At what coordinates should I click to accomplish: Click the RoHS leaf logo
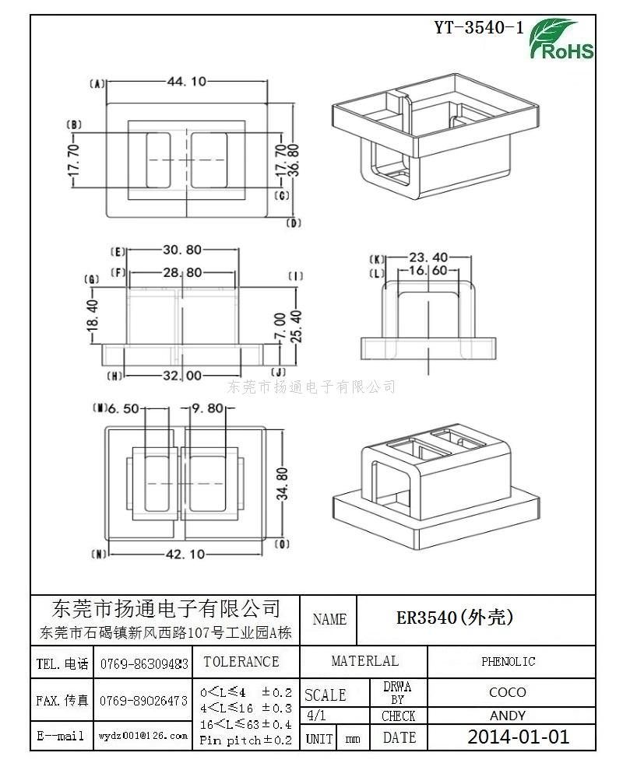pos(561,39)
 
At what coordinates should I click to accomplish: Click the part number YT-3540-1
pos(478,27)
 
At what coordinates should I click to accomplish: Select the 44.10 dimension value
pos(186,81)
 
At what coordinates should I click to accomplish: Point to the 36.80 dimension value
pos(294,160)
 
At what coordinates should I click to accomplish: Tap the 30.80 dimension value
pos(182,250)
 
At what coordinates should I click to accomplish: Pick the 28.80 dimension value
pos(182,272)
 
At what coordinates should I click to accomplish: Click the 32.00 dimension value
pos(182,376)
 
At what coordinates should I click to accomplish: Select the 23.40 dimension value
pos(429,257)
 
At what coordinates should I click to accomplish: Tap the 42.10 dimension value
pos(185,554)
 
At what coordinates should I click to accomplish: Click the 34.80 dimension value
pos(282,484)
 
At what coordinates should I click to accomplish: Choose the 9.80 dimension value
pos(207,408)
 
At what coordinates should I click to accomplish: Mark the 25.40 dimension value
pos(297,326)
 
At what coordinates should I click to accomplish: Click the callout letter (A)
pos(97,84)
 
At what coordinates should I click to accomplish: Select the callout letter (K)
pos(377,259)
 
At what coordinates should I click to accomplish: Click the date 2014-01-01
pos(519,737)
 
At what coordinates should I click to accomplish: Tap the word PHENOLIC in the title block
pos(508,661)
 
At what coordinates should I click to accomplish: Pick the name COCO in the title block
pos(508,692)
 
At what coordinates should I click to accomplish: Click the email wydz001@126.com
pos(143,736)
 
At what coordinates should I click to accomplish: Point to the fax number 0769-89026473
pos(143,701)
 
